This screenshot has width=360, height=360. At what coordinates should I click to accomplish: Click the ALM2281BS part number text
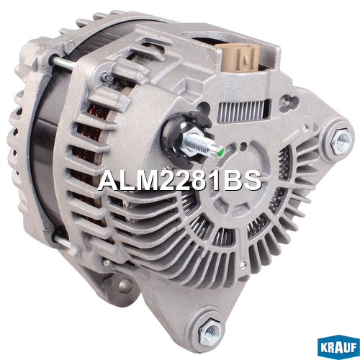click(179, 181)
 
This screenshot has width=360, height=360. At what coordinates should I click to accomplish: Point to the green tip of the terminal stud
click(221, 151)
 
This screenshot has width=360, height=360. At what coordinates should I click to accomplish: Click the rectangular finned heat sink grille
click(243, 111)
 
